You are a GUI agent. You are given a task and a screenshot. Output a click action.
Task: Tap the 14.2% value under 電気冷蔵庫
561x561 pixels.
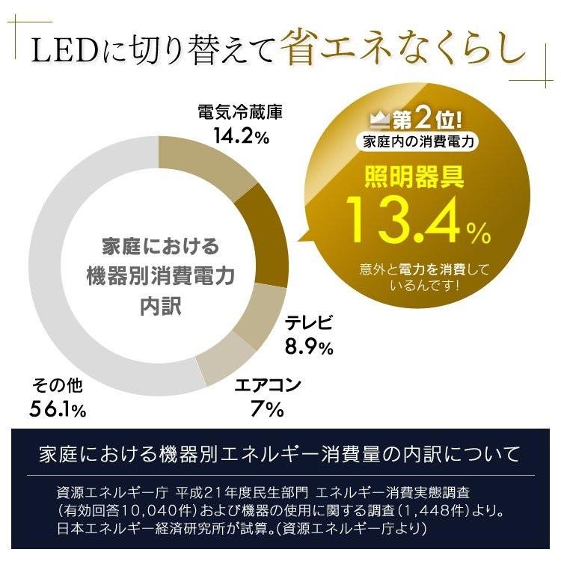[x=238, y=138]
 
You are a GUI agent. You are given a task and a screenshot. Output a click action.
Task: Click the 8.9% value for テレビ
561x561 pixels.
[x=309, y=348]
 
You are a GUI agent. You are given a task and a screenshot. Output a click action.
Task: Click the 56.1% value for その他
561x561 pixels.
[x=58, y=410]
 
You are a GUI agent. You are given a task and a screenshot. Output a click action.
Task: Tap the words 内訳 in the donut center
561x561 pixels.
[x=160, y=307]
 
